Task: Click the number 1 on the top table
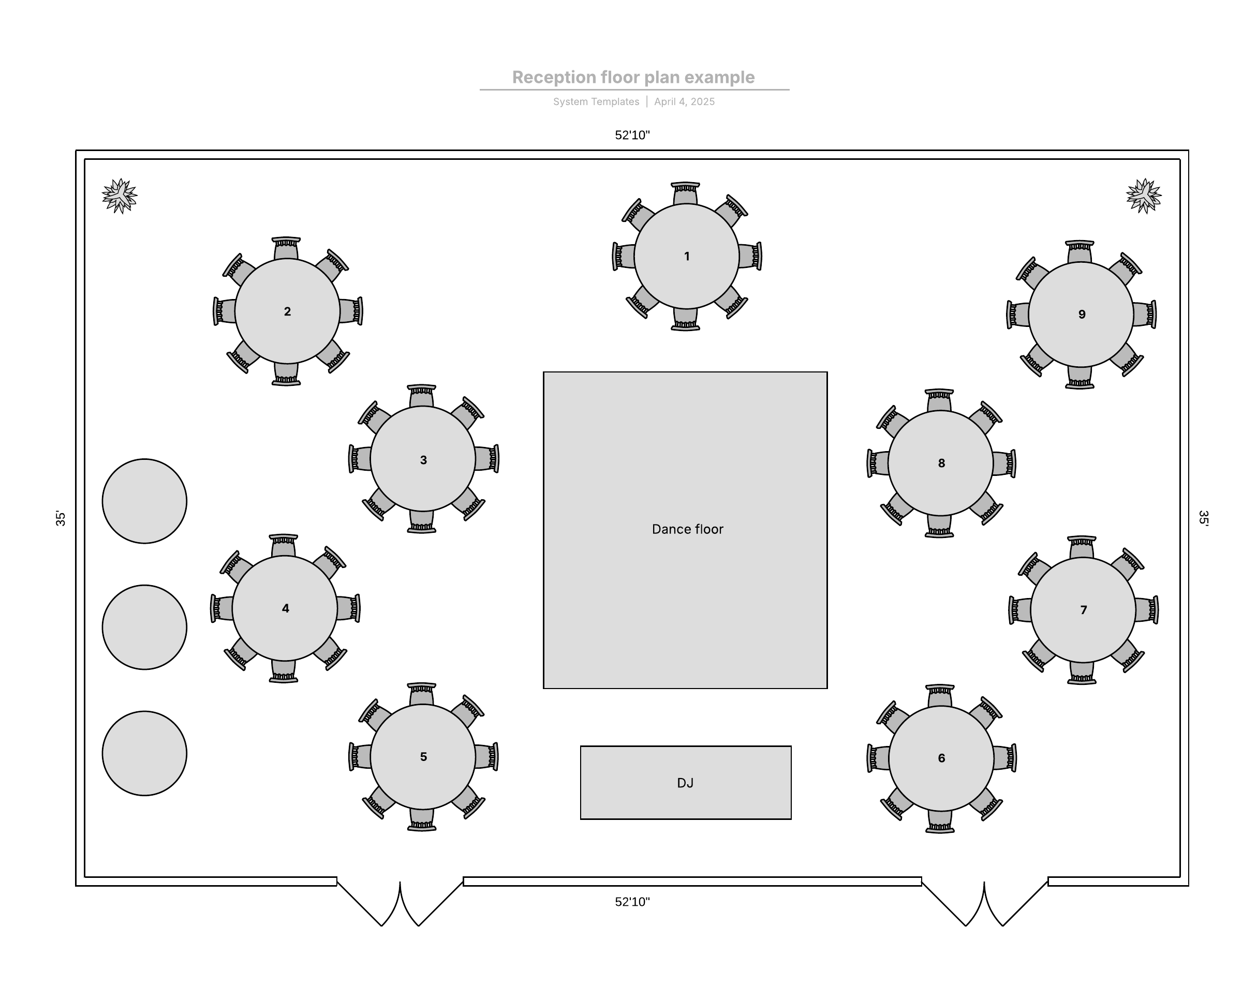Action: [687, 256]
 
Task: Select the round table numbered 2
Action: [287, 311]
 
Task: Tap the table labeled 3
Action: [423, 459]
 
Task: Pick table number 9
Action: [1081, 315]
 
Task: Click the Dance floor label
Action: [687, 529]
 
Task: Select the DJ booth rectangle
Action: [686, 782]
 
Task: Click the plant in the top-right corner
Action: [1144, 196]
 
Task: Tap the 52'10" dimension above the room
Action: [632, 136]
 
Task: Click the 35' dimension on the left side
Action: [61, 518]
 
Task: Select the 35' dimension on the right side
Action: [1203, 518]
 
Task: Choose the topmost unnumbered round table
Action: [144, 501]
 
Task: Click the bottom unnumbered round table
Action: [144, 753]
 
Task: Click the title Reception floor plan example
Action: [633, 77]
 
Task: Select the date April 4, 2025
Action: [684, 102]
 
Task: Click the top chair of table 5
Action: [422, 694]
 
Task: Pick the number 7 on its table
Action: [1084, 610]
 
